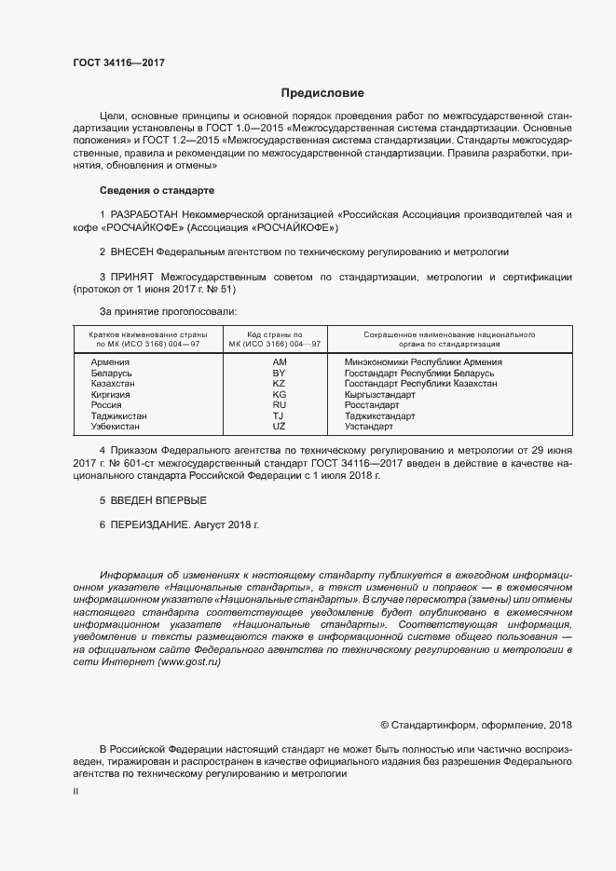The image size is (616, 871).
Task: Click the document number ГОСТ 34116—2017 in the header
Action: (x=119, y=62)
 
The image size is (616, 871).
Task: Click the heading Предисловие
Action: (x=322, y=93)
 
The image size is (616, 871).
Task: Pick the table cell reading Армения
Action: (x=111, y=361)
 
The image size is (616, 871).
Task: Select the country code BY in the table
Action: (x=279, y=373)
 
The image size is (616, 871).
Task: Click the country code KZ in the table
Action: (x=279, y=383)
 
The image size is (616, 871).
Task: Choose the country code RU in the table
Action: (x=279, y=404)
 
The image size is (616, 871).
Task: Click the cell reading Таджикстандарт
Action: (x=379, y=415)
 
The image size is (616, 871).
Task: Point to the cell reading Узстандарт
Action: (x=369, y=426)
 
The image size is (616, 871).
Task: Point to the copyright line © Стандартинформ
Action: (x=476, y=725)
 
